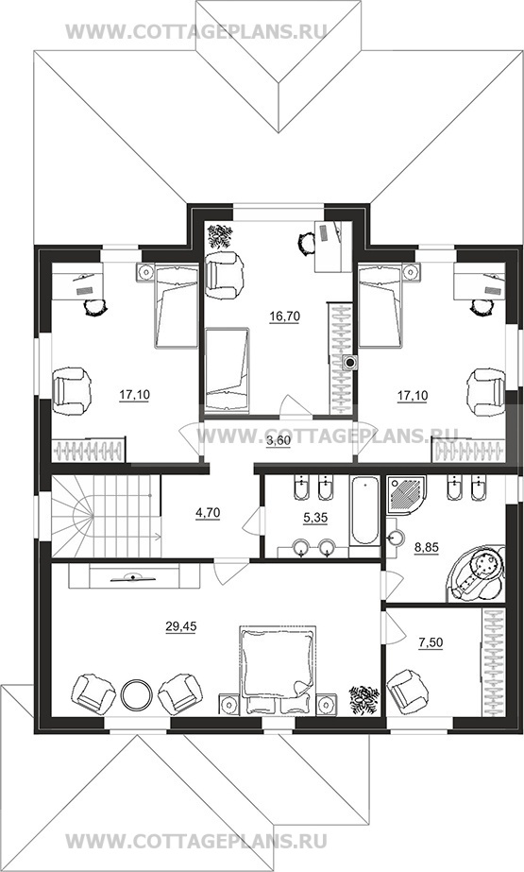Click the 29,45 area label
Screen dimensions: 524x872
pyautogui.click(x=181, y=626)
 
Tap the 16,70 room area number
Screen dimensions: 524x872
pyautogui.click(x=284, y=316)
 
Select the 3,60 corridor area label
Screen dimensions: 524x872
pyautogui.click(x=279, y=441)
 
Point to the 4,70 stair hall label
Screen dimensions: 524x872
pyautogui.click(x=208, y=513)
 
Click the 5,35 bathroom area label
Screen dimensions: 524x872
pyautogui.click(x=315, y=518)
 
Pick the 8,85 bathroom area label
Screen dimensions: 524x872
pyautogui.click(x=427, y=547)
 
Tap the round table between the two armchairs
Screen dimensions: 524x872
pyautogui.click(x=136, y=695)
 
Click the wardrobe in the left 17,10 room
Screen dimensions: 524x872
pyautogui.click(x=89, y=450)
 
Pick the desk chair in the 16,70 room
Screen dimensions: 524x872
pyautogui.click(x=306, y=243)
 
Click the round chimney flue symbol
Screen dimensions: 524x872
pyautogui.click(x=350, y=363)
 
